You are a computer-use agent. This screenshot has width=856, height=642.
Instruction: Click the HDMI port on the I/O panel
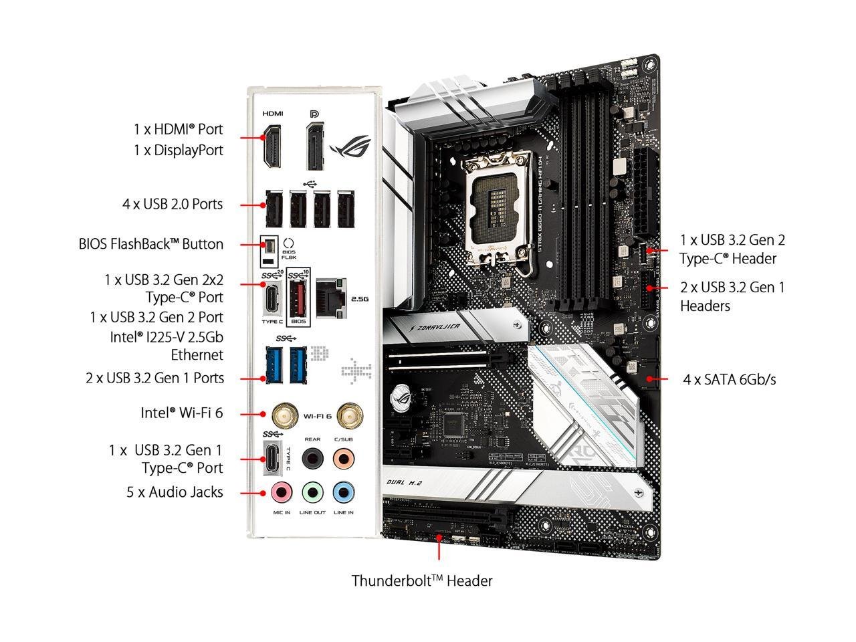point(272,147)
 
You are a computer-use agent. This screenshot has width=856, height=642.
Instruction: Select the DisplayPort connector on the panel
point(316,147)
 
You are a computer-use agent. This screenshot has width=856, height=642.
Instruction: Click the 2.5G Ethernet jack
point(331,297)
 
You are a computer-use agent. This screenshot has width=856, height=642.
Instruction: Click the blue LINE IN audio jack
point(344,493)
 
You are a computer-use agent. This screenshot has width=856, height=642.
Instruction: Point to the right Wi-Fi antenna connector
point(347,415)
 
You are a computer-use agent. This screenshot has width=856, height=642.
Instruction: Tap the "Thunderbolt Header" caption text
point(422,580)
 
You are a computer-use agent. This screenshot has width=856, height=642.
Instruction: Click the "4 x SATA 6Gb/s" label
point(730,379)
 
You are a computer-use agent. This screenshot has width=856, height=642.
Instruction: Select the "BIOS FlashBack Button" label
point(151,244)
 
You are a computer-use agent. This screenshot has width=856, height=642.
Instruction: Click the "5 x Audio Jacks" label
point(175,492)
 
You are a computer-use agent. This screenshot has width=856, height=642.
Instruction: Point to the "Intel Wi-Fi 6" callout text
point(181,413)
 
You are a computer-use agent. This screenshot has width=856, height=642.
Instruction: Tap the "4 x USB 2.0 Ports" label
point(173,204)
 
